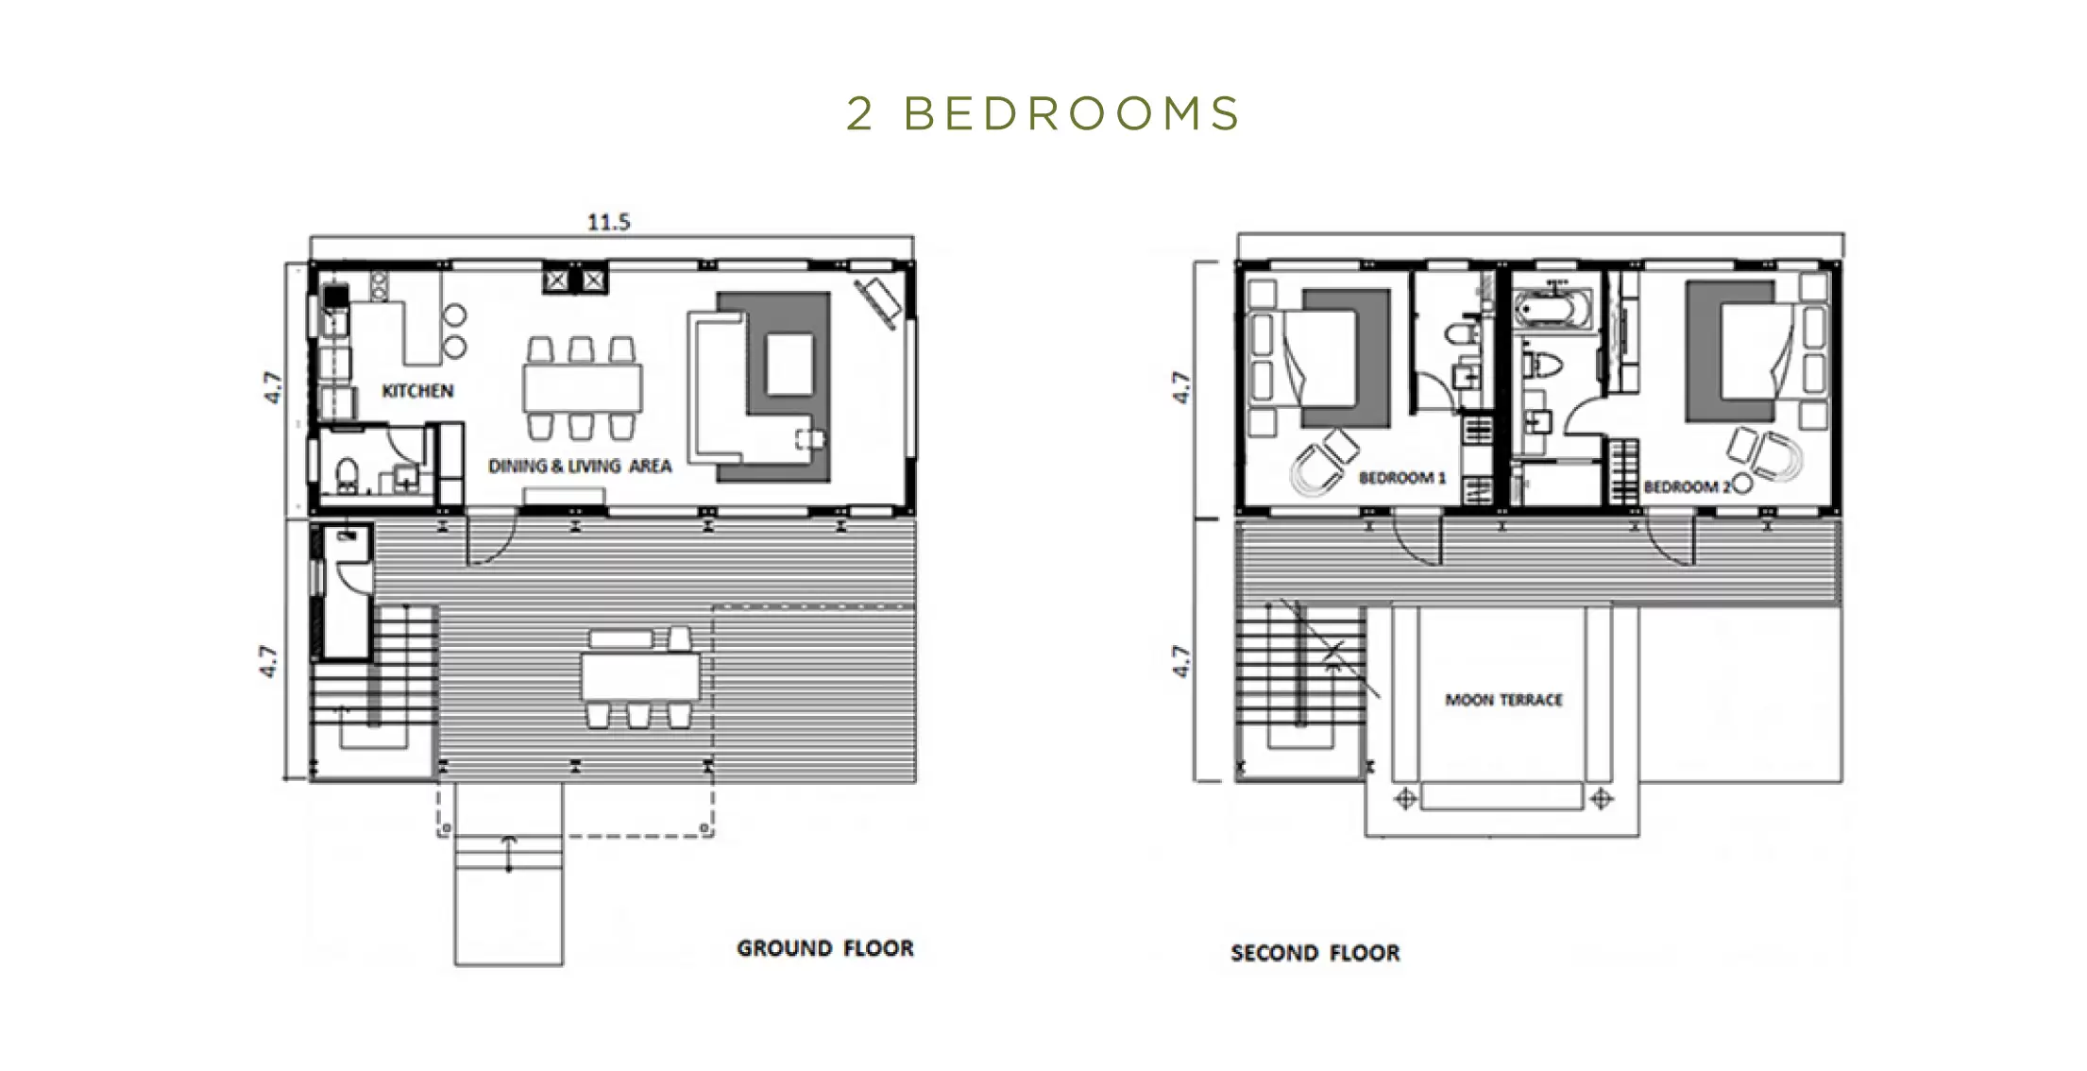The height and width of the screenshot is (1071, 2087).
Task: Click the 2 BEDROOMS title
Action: pos(1043,113)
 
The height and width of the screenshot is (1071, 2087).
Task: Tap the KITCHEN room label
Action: pos(417,390)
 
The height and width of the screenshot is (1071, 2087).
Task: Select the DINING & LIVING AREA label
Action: pos(580,466)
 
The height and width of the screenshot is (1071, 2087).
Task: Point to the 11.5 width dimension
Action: pos(608,222)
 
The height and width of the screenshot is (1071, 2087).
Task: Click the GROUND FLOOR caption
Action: pos(825,948)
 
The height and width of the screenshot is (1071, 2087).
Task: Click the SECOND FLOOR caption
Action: pos(1315,953)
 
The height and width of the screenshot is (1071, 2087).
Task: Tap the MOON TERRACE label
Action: pos(1503,700)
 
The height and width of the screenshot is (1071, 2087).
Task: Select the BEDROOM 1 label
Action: pos(1402,478)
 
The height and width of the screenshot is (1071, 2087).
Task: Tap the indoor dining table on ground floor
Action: pos(583,388)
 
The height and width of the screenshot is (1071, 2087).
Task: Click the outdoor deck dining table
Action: pos(640,677)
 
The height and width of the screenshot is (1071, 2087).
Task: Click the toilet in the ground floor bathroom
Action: pos(347,476)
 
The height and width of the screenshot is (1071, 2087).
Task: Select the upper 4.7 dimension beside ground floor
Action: pos(272,388)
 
